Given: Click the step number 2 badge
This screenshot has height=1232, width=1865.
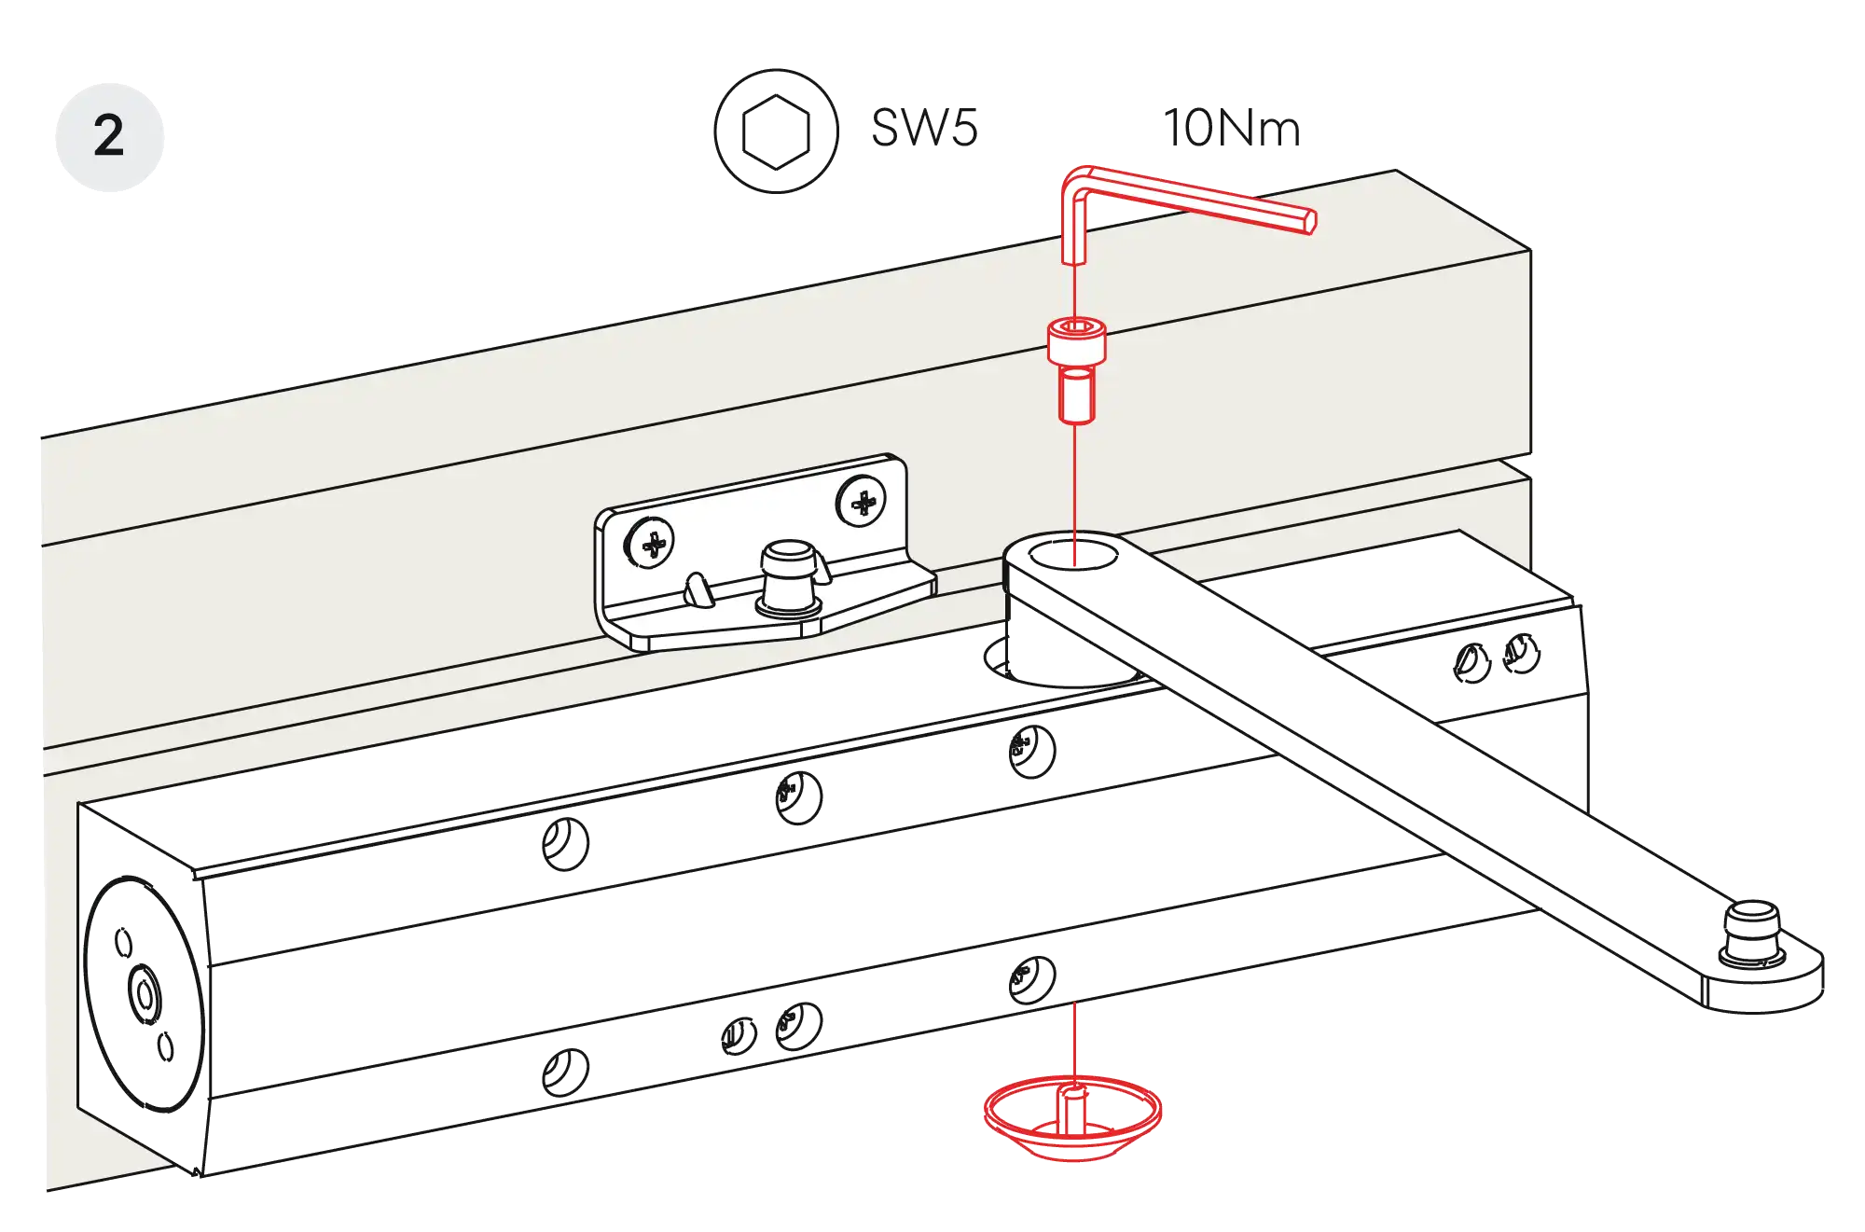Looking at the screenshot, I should [108, 137].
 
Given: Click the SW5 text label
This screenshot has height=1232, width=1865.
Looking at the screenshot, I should [924, 128].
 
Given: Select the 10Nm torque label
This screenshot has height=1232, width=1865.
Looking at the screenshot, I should [1232, 129].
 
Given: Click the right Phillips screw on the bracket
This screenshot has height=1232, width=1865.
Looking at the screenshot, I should [862, 503].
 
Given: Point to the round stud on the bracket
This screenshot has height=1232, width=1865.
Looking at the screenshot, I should [788, 578].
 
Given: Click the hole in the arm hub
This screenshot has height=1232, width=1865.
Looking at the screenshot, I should [1072, 554].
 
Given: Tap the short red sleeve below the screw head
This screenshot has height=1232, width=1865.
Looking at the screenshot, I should [1076, 395].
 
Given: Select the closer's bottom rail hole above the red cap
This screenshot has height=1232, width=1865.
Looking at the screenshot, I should [1031, 979].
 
